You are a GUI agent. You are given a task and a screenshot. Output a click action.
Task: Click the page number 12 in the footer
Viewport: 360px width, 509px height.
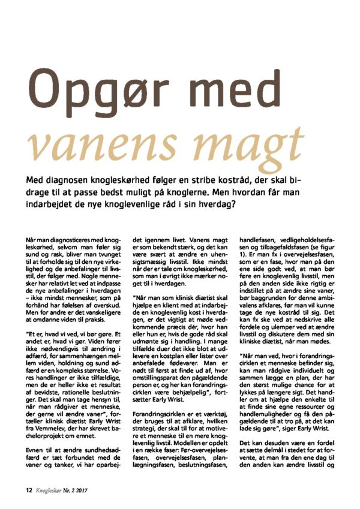(28, 489)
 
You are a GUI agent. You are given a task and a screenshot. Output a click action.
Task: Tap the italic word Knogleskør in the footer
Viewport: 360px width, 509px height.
(52, 489)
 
